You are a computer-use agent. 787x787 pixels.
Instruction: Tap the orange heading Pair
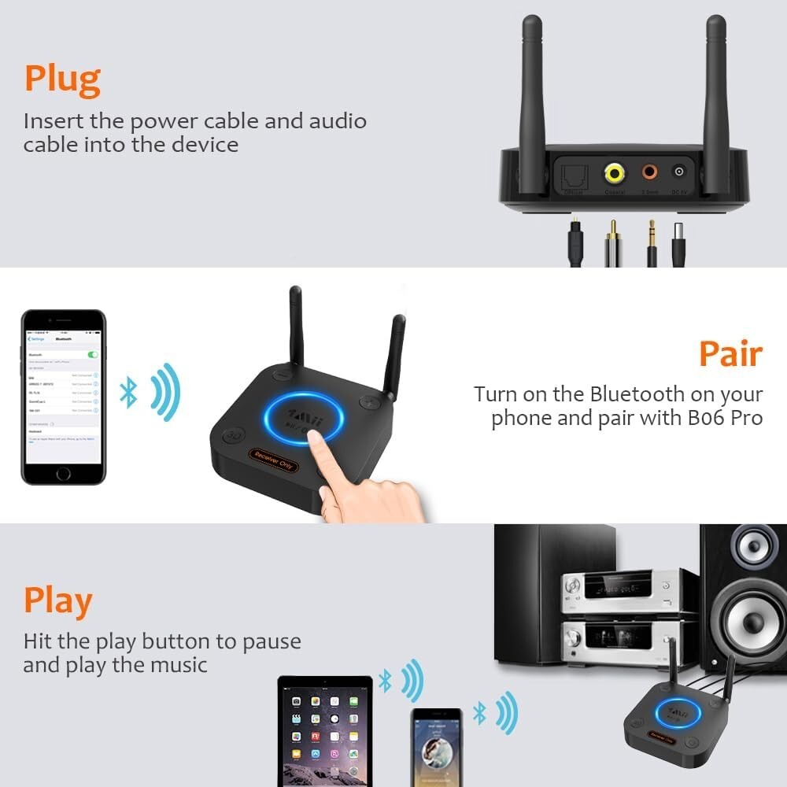click(730, 355)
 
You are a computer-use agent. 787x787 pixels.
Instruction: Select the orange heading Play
click(57, 602)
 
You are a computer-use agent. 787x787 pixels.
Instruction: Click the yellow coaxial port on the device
click(615, 172)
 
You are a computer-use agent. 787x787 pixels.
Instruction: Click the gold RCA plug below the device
click(612, 240)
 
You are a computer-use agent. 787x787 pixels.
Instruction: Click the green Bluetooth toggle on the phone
click(94, 355)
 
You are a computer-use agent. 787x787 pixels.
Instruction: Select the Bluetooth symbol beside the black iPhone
click(128, 392)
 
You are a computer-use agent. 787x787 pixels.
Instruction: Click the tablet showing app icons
click(325, 729)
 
